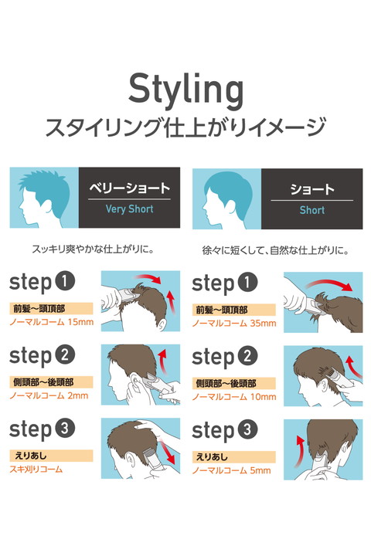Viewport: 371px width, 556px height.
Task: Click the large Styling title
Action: coord(185,90)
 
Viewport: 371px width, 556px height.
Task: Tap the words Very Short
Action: coord(129,208)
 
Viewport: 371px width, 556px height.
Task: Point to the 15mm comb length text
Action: coord(80,322)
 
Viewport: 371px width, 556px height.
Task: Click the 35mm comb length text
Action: coord(263,323)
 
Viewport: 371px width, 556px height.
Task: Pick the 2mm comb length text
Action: coord(78,395)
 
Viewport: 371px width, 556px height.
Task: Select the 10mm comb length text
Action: coord(263,396)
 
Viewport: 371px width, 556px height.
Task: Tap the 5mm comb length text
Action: coord(260,470)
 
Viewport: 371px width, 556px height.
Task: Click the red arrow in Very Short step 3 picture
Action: coord(168,451)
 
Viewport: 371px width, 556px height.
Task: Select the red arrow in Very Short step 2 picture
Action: coord(162,361)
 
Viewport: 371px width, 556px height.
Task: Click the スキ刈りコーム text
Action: coord(36,470)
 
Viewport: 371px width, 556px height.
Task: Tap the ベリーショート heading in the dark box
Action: coord(129,188)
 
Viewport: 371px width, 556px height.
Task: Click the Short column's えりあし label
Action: coord(212,456)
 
